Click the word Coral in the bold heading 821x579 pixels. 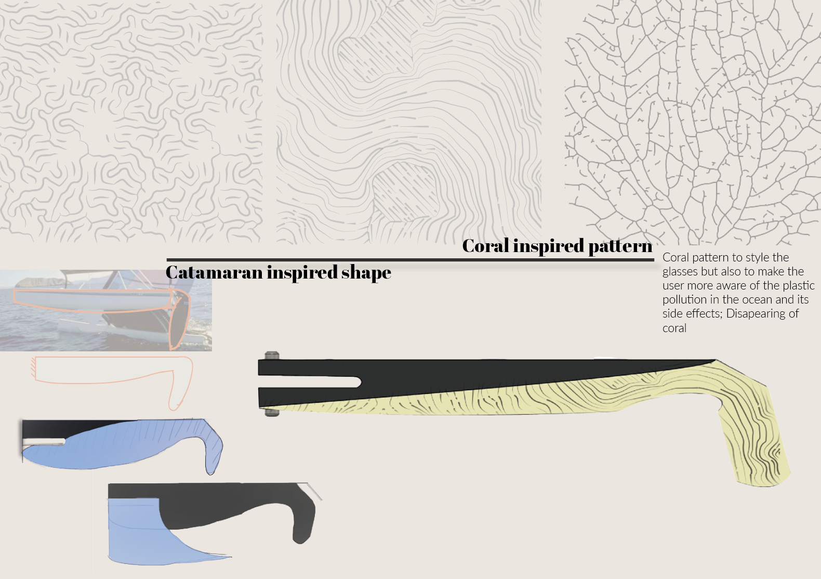486,246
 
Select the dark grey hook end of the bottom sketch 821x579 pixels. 302,533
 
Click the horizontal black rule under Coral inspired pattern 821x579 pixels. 410,259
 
